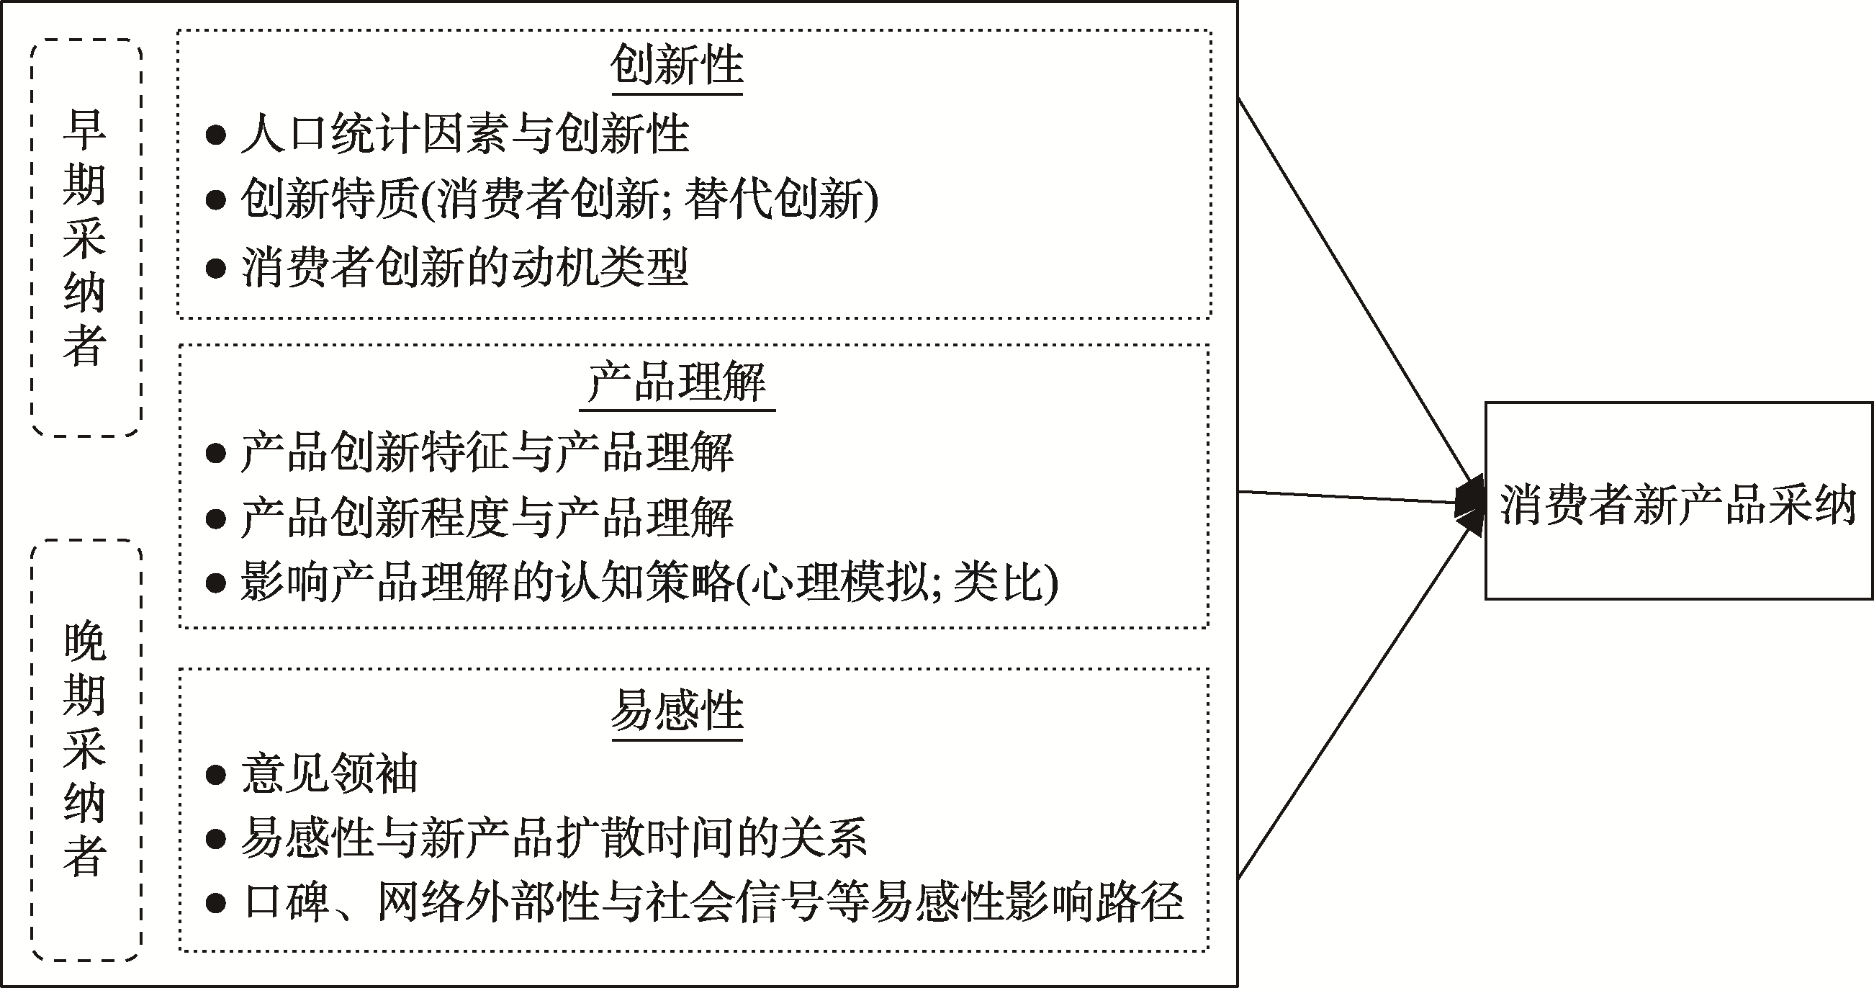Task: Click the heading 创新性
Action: (677, 66)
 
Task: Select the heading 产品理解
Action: (677, 381)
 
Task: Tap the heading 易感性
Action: (677, 710)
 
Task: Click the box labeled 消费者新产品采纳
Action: (1677, 502)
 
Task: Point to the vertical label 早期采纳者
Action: (85, 237)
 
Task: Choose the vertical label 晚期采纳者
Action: (85, 750)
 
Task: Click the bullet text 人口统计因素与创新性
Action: (464, 134)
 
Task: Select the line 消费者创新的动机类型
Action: (464, 267)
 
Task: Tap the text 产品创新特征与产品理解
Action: (487, 452)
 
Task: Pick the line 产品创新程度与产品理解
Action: (487, 518)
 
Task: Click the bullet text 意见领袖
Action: (330, 773)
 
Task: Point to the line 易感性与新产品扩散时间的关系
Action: (554, 838)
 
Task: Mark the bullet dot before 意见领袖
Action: (215, 775)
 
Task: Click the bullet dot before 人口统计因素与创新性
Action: (215, 135)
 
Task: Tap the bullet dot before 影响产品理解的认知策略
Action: (215, 583)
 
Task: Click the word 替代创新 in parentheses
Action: (772, 199)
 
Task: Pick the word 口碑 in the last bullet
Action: (287, 903)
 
